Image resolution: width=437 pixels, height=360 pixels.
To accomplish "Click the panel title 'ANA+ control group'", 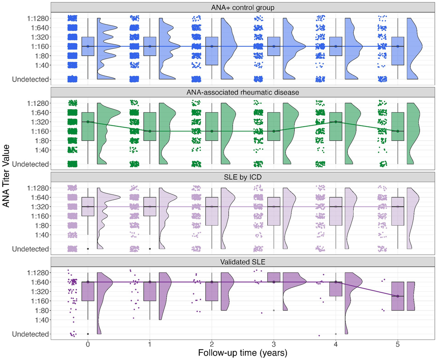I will coord(242,7).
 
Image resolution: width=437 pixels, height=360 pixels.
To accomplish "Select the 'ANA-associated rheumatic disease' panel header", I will coord(242,92).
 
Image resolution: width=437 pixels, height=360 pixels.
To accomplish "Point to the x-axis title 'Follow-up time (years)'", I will coord(242,353).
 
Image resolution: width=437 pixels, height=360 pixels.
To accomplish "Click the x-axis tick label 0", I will coord(88,344).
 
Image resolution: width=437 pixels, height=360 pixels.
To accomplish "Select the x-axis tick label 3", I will coord(274,344).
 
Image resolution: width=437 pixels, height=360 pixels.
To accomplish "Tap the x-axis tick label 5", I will coord(398,344).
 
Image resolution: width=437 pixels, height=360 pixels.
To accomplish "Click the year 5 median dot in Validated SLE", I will coord(398,296).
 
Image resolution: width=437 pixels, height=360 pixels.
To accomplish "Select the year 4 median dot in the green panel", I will coord(336,122).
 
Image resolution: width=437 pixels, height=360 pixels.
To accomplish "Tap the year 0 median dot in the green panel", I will coord(88,122).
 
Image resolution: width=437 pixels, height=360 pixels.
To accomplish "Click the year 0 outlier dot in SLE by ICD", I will coord(88,249).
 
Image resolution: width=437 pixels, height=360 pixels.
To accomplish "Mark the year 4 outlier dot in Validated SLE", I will coord(336,334).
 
